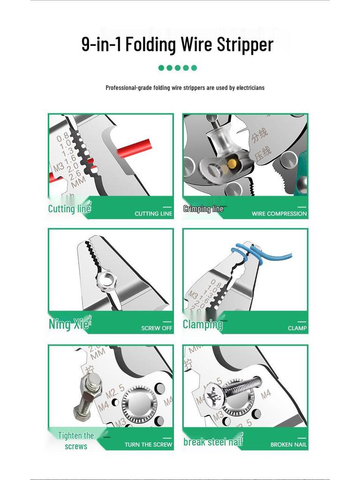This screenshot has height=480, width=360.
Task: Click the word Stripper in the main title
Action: [x=245, y=45]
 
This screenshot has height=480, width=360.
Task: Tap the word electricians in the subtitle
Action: [x=250, y=88]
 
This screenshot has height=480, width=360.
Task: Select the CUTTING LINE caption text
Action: [x=153, y=214]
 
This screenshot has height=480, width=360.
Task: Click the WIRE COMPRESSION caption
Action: [x=279, y=214]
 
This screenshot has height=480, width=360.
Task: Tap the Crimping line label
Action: [x=203, y=209]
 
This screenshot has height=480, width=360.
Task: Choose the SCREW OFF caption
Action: [x=157, y=328]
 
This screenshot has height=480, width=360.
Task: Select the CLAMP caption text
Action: [x=297, y=328]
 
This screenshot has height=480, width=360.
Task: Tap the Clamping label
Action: [x=202, y=324]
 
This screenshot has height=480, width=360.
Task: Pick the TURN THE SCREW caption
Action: [x=148, y=444]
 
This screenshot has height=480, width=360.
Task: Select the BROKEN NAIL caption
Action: [x=288, y=444]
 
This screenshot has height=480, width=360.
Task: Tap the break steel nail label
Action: [x=213, y=442]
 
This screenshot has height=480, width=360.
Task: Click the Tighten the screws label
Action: [x=76, y=441]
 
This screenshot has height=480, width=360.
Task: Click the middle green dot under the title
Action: [x=178, y=67]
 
